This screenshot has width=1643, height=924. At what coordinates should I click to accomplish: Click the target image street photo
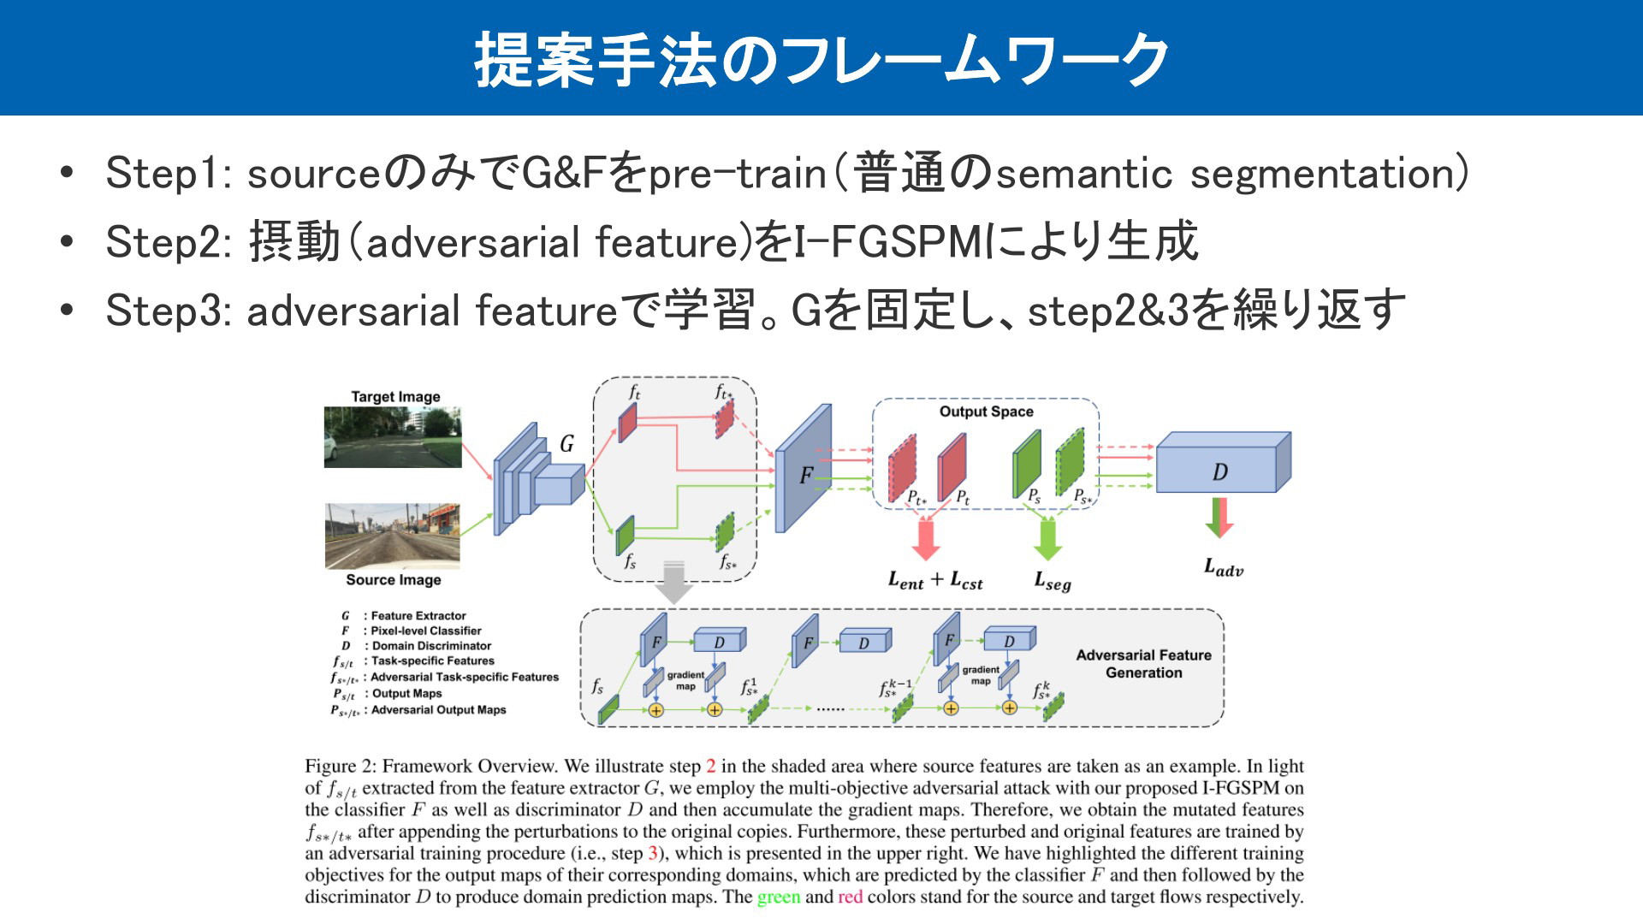coord(393,437)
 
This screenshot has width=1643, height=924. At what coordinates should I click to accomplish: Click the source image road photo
coord(393,536)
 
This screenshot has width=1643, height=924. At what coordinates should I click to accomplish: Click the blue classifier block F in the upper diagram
coord(804,468)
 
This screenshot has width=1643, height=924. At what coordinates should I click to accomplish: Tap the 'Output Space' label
coord(986,412)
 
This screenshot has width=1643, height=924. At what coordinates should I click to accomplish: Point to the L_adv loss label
coord(1224,567)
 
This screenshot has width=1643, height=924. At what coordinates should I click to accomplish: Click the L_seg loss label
coord(1053,582)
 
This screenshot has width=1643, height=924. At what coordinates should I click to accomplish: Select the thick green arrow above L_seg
coord(1048,540)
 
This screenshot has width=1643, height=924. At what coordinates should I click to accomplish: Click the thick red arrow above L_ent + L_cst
coord(926,540)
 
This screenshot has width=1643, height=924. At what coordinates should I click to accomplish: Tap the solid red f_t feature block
coord(628,423)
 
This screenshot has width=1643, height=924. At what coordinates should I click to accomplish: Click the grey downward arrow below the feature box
coord(674,582)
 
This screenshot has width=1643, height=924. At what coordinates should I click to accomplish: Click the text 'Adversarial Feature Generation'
coord(1144,664)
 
